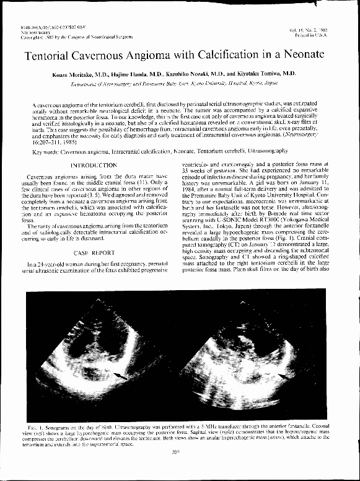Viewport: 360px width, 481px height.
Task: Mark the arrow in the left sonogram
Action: coord(121,375)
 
